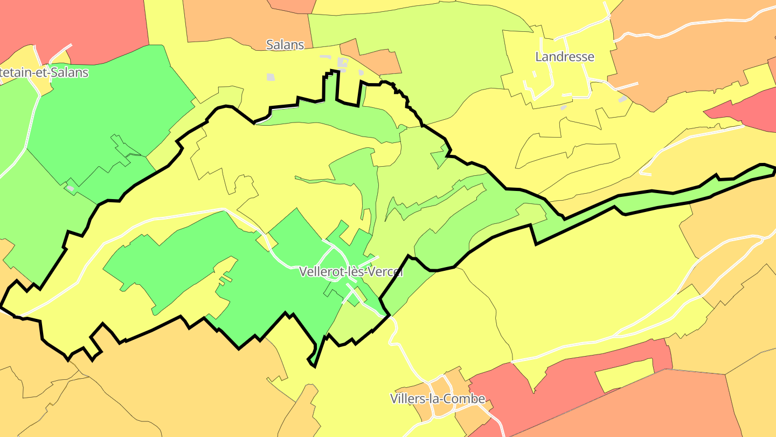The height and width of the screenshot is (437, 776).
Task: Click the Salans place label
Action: tap(285, 45)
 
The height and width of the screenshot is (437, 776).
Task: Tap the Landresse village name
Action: tap(564, 57)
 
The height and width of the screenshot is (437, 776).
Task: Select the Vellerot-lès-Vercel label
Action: tap(351, 272)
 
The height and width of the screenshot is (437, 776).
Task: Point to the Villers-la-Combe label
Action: tap(437, 399)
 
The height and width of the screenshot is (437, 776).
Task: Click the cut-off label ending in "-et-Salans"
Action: tap(44, 72)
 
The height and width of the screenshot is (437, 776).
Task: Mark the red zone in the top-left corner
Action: tap(75, 24)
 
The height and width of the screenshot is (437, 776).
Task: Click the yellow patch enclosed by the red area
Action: tap(625, 374)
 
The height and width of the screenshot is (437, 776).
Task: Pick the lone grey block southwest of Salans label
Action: tap(271, 77)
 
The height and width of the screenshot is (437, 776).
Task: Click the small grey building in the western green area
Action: tap(70, 188)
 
